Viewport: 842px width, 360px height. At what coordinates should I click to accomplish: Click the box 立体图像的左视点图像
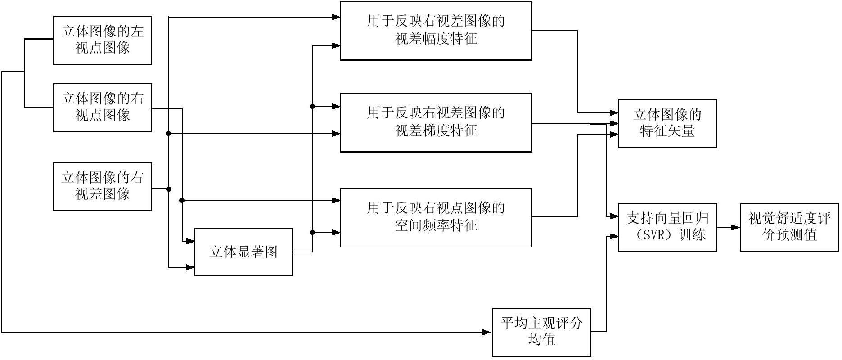click(x=103, y=40)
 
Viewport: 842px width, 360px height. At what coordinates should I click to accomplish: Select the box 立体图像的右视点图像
click(x=103, y=108)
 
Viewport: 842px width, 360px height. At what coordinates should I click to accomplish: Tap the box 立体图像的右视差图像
click(x=103, y=187)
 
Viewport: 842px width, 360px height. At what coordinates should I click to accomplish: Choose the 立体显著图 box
click(x=243, y=252)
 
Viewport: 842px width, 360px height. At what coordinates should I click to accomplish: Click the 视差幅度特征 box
click(x=436, y=31)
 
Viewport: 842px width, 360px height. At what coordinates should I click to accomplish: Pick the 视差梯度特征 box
click(x=436, y=122)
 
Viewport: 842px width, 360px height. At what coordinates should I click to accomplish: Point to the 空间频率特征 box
click(x=436, y=217)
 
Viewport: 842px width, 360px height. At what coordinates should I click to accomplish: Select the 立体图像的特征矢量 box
click(x=667, y=123)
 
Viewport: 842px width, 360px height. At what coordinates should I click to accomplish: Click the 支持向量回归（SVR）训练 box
click(x=668, y=227)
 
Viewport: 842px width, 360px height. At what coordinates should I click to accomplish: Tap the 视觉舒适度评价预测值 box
click(x=790, y=227)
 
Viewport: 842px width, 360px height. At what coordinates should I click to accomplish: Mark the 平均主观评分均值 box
click(x=541, y=332)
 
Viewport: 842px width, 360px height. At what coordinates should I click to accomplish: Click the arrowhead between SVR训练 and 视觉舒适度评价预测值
click(x=736, y=227)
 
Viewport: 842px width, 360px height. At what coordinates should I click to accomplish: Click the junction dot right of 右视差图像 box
click(x=169, y=189)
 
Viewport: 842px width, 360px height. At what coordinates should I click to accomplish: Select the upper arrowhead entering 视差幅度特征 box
click(x=336, y=17)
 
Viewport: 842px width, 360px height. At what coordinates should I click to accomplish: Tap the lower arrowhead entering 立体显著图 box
click(x=190, y=267)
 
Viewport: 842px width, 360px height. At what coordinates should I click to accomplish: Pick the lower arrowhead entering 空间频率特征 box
click(x=336, y=232)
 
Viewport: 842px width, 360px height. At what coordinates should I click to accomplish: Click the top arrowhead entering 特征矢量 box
click(x=614, y=112)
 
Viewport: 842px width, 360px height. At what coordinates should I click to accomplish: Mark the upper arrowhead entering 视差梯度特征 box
click(x=336, y=107)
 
